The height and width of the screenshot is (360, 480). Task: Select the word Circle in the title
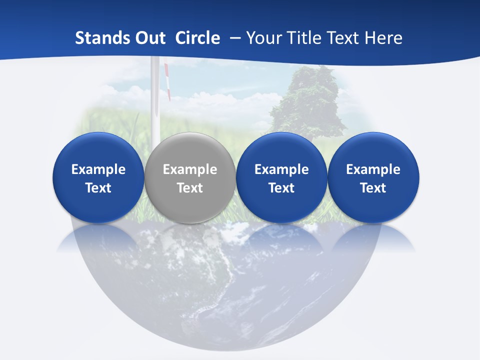(x=197, y=38)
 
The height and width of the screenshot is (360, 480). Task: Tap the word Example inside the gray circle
(x=190, y=169)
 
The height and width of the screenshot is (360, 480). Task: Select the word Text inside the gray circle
(x=190, y=188)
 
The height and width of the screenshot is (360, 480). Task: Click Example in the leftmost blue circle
(x=98, y=169)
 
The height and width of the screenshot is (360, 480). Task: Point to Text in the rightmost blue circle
(x=373, y=188)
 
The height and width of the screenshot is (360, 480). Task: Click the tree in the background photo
(x=310, y=100)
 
